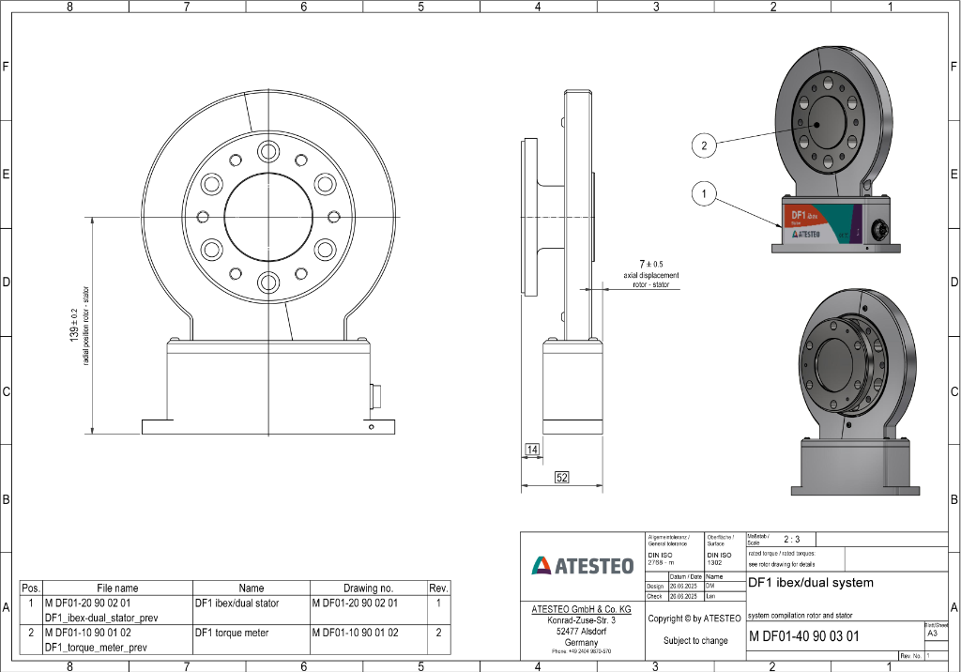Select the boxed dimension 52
(562, 478)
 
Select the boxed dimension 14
(532, 451)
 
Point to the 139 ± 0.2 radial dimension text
(74, 325)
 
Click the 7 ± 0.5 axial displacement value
(650, 264)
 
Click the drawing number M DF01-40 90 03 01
(803, 636)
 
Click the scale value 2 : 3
(791, 540)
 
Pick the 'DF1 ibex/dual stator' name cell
(238, 603)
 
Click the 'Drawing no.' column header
(367, 588)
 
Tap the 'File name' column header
(117, 588)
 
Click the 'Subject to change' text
(694, 640)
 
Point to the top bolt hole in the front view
(269, 152)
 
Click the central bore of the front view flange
(269, 217)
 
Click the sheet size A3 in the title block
(931, 634)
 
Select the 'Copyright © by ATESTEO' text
(694, 619)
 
